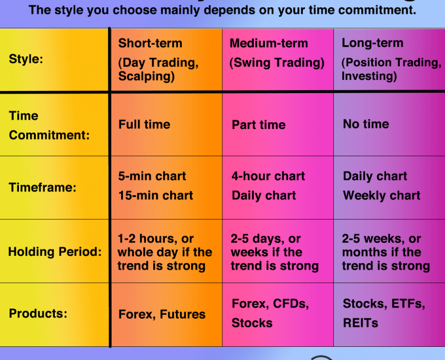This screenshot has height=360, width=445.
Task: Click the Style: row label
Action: pos(26,59)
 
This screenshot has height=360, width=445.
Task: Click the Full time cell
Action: pos(144,125)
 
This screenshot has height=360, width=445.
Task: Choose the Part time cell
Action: pos(259,125)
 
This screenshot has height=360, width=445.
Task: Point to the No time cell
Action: pos(366,124)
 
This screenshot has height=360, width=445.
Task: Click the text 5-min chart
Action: pos(152,176)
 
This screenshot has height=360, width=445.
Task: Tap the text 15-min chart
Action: pos(155,195)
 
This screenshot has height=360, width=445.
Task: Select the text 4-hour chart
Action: pos(268,176)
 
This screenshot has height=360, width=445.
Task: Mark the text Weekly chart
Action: pos(382,195)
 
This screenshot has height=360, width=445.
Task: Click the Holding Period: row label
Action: pos(55,252)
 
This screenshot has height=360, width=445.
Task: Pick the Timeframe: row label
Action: pos(43,187)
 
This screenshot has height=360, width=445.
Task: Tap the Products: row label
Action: pos(38,314)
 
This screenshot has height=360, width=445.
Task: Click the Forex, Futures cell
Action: pos(162,314)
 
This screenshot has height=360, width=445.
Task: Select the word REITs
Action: pos(360,323)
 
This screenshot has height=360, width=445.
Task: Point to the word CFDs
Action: pos(291,304)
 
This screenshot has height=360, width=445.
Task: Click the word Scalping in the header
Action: pos(146,76)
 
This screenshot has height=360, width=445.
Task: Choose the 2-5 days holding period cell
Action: pos(274,252)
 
